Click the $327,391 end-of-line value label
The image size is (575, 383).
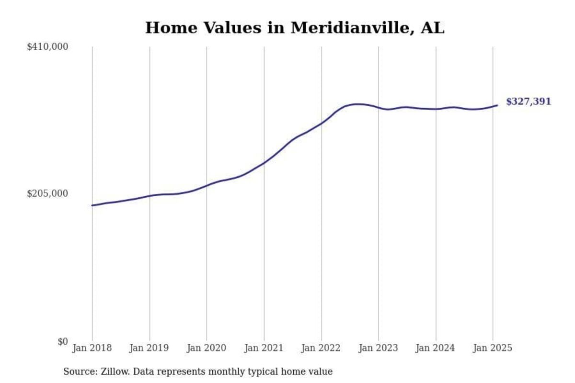click(x=528, y=101)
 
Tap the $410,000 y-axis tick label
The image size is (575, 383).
click(x=47, y=47)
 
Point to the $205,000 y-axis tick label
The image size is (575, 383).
click(x=47, y=193)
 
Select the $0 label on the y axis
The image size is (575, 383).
click(x=62, y=341)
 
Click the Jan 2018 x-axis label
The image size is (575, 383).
click(x=92, y=348)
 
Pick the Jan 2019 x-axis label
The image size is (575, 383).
click(x=149, y=348)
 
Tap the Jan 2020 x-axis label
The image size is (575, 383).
click(x=207, y=348)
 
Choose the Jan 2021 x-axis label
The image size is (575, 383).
click(x=264, y=348)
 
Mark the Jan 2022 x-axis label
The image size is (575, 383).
click(x=321, y=348)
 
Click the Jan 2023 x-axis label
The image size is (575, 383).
click(x=378, y=348)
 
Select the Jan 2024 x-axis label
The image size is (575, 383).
click(x=436, y=348)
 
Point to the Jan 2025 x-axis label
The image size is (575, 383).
click(x=493, y=348)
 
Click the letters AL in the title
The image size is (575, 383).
click(x=432, y=28)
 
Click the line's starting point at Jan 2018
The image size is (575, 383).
click(x=92, y=205)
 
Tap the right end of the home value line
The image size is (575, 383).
click(x=497, y=105)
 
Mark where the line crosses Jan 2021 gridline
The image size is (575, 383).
click(x=264, y=163)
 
